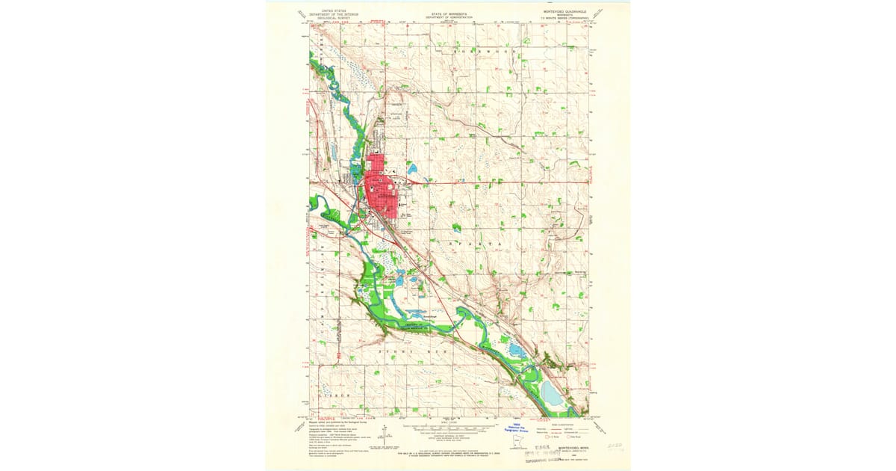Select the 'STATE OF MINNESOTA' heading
pos(448,13)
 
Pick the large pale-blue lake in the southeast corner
pos(552,392)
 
